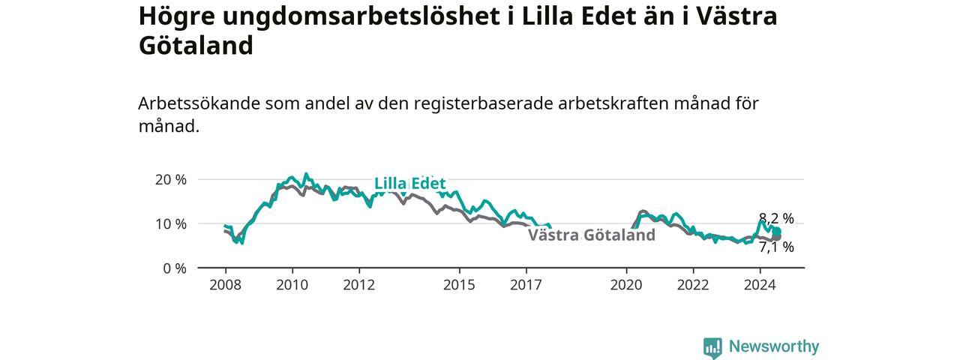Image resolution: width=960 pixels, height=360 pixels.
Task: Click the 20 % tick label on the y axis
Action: click(x=170, y=179)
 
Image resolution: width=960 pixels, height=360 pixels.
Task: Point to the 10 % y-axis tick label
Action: click(x=170, y=223)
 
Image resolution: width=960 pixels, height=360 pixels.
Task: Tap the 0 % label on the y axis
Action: click(x=175, y=268)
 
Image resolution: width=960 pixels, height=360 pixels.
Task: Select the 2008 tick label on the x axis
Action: click(x=226, y=285)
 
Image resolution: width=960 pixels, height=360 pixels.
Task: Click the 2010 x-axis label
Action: click(x=292, y=285)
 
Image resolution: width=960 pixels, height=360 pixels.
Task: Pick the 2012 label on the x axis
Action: click(x=359, y=285)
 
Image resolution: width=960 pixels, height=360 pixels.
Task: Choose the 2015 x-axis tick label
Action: click(x=460, y=285)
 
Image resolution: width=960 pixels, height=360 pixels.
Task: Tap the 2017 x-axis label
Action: click(x=526, y=285)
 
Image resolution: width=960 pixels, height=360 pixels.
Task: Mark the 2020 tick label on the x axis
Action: click(x=626, y=285)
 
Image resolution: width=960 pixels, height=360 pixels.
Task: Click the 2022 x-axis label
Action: click(x=694, y=285)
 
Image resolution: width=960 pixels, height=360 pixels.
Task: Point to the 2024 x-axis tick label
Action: click(x=760, y=285)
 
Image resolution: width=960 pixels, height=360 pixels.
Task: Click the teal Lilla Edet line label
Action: click(x=410, y=184)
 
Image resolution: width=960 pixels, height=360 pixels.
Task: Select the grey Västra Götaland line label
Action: click(x=592, y=235)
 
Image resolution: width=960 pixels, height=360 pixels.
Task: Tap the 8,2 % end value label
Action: click(x=776, y=218)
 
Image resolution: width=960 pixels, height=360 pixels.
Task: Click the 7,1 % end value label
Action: click(x=776, y=247)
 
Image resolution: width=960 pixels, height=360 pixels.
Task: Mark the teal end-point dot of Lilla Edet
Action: click(x=776, y=232)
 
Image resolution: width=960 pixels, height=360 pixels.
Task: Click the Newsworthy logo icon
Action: click(x=712, y=347)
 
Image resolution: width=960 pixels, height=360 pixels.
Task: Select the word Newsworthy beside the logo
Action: click(x=774, y=346)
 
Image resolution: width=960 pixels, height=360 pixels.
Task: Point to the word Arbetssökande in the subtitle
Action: click(x=199, y=103)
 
